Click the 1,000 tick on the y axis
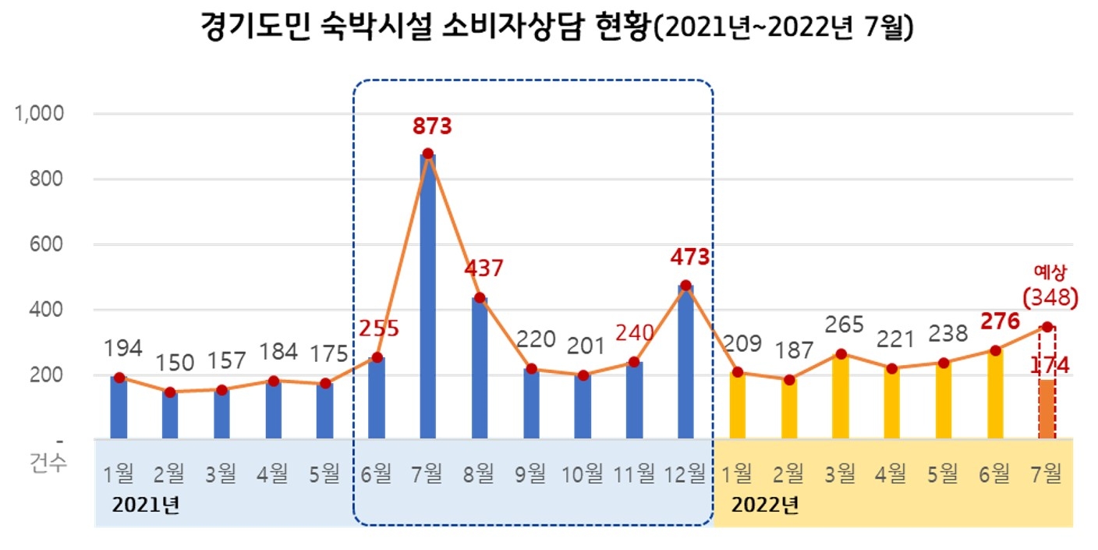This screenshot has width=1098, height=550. (x=38, y=114)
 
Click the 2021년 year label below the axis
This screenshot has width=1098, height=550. (x=146, y=505)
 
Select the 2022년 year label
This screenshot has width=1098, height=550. (x=765, y=505)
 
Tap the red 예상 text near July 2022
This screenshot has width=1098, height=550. (x=1049, y=271)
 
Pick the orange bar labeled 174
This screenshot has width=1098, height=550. (x=1047, y=410)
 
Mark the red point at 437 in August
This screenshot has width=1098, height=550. (x=480, y=298)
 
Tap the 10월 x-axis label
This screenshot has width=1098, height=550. (x=583, y=472)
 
